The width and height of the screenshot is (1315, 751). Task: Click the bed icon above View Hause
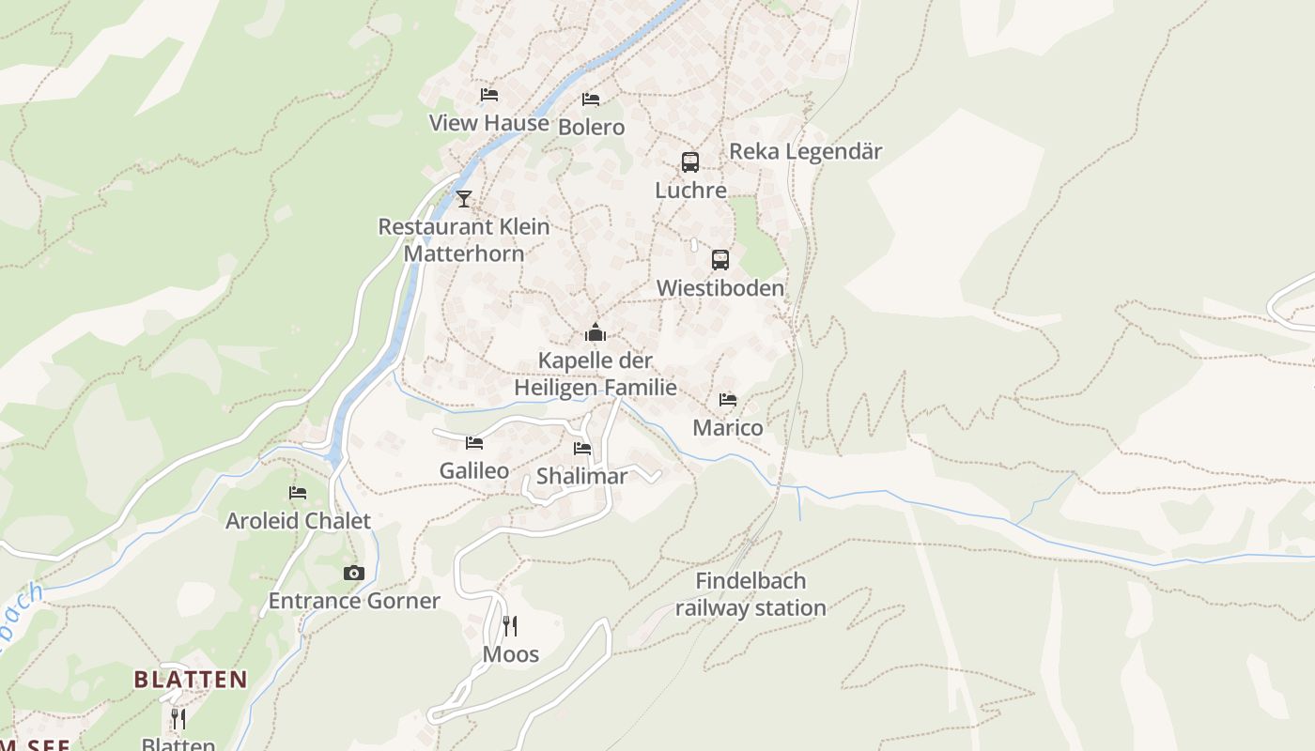[488, 95]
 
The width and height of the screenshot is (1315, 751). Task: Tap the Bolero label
[591, 127]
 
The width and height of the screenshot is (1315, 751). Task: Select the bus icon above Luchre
[690, 162]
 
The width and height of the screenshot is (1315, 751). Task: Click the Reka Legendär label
[805, 151]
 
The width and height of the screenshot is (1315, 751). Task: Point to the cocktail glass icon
[463, 198]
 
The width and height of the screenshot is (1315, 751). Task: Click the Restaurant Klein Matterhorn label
[464, 239]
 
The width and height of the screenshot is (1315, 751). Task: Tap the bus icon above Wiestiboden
[719, 260]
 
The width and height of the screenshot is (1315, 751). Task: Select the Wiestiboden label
[719, 288]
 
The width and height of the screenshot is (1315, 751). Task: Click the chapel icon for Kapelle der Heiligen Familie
[595, 332]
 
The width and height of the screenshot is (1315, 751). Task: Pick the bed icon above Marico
[728, 400]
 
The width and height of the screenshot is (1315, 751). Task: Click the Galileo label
[474, 471]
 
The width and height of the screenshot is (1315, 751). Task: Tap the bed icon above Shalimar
[582, 449]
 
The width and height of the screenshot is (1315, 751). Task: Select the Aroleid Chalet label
[298, 521]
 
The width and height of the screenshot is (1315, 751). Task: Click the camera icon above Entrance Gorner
[353, 573]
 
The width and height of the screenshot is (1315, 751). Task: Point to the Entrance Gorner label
[354, 601]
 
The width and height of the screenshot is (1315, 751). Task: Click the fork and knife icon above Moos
[510, 625]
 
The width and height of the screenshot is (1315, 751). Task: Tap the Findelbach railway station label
[750, 594]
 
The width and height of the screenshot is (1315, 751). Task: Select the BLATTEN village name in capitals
[191, 680]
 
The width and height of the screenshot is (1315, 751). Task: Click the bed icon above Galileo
[474, 442]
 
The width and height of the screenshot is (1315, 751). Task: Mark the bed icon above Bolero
[591, 99]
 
